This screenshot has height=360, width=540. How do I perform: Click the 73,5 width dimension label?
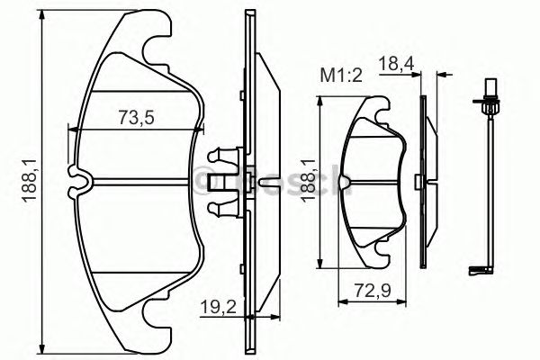point(139,116)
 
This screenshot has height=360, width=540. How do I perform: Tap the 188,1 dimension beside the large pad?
point(30,181)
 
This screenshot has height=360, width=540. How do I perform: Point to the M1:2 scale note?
point(341,76)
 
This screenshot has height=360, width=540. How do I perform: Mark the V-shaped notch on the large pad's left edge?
point(79,181)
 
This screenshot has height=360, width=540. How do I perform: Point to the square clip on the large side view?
point(215,181)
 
